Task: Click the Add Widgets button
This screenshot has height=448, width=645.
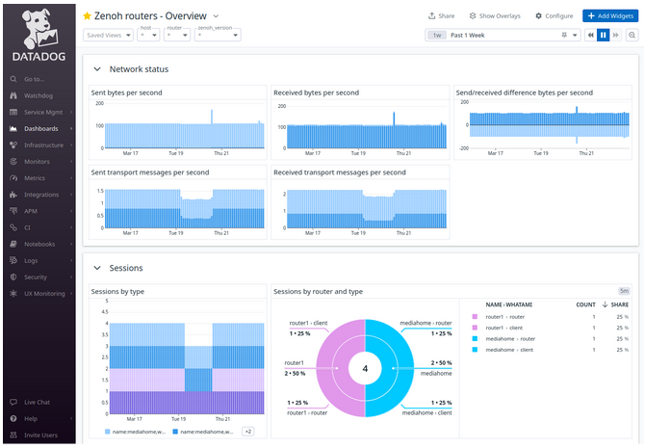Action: (x=608, y=16)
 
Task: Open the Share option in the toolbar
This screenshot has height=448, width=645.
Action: (x=442, y=16)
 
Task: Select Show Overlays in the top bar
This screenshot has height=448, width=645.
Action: (x=494, y=16)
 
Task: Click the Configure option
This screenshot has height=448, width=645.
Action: (x=555, y=16)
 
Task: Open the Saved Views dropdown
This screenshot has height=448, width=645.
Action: (x=108, y=36)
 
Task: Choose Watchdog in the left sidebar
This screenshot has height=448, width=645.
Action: (x=39, y=95)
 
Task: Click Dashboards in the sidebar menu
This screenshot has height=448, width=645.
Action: (x=40, y=128)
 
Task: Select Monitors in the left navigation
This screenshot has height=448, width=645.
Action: (x=37, y=161)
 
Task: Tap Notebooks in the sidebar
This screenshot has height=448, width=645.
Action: (x=39, y=244)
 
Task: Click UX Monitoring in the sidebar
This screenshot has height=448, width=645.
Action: (x=44, y=293)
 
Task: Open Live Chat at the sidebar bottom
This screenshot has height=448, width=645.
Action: (x=37, y=402)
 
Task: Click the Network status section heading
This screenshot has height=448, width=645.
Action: (x=139, y=69)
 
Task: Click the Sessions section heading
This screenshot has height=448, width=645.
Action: (x=126, y=268)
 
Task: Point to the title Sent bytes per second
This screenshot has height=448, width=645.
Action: (x=126, y=92)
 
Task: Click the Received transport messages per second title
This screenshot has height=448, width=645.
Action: (x=339, y=172)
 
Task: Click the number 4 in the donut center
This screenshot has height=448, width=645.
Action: (x=365, y=367)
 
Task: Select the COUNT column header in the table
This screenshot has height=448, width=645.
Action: (x=585, y=303)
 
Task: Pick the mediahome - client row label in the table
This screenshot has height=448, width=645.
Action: (x=509, y=350)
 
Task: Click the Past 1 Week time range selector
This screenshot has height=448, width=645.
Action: (x=501, y=35)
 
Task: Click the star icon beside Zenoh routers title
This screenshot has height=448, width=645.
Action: (x=88, y=16)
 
